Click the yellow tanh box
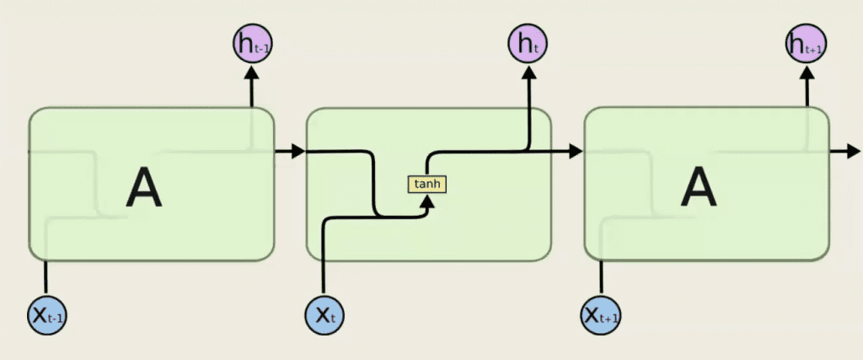[427, 185]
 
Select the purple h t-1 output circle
[253, 44]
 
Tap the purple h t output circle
[528, 44]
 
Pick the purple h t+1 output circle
[807, 44]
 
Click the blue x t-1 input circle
[47, 315]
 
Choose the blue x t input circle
[325, 315]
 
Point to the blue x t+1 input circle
[601, 315]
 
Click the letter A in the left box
[144, 189]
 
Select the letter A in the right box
[699, 189]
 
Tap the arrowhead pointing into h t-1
[253, 73]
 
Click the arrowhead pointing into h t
[528, 73]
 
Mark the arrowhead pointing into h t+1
[807, 73]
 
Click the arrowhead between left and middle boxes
[298, 151]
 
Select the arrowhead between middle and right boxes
[576, 151]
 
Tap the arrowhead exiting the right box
[853, 151]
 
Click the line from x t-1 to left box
[46, 277]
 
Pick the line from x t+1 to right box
[600, 277]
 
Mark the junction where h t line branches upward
[528, 150]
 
